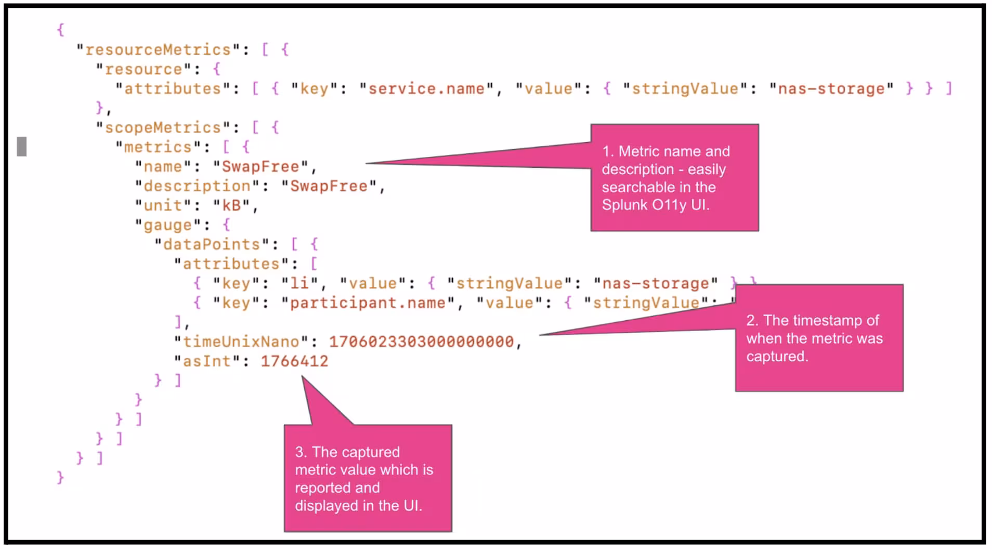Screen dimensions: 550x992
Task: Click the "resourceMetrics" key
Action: pyautogui.click(x=158, y=50)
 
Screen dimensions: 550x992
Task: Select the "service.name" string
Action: pyautogui.click(x=426, y=89)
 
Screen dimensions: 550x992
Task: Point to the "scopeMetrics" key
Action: pyautogui.click(x=162, y=128)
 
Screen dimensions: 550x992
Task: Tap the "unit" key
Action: pyautogui.click(x=162, y=206)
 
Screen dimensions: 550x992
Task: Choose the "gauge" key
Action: pyautogui.click(x=167, y=225)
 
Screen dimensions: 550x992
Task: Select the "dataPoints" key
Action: pyautogui.click(x=211, y=245)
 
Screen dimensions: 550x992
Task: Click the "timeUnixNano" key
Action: pyautogui.click(x=241, y=342)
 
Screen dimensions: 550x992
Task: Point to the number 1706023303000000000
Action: pyautogui.click(x=421, y=342)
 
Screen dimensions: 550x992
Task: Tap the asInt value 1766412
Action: pyautogui.click(x=294, y=361)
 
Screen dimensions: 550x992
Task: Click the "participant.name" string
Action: pyautogui.click(x=368, y=303)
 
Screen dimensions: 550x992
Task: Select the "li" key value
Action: pyautogui.click(x=299, y=284)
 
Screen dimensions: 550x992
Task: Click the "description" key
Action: pyautogui.click(x=197, y=186)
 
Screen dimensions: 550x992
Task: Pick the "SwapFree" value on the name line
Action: pyautogui.click(x=260, y=167)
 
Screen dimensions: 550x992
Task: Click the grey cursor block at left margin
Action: pyautogui.click(x=22, y=147)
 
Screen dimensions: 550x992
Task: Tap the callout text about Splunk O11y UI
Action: pyautogui.click(x=665, y=178)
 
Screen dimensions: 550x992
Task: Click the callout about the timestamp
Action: pyautogui.click(x=814, y=338)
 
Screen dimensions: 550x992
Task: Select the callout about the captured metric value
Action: pyautogui.click(x=364, y=478)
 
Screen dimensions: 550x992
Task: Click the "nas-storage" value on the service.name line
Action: pyautogui.click(x=831, y=89)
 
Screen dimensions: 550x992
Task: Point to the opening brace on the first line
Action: pyautogui.click(x=60, y=30)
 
